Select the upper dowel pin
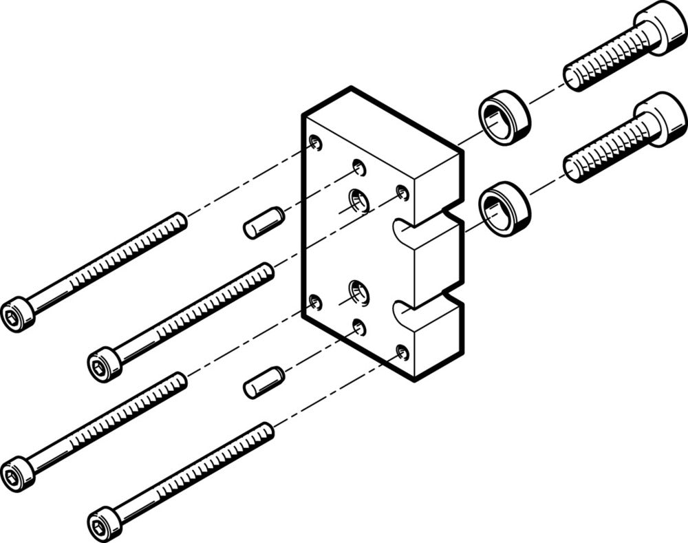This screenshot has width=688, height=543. tap(264, 222)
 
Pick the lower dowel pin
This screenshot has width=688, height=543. tap(264, 382)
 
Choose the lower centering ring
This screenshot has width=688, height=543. tap(504, 209)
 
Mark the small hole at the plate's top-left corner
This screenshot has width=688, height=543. tap(315, 142)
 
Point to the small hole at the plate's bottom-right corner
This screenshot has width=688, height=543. tap(402, 354)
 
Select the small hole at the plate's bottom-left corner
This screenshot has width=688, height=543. tap(315, 302)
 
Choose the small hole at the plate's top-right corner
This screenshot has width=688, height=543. tap(402, 193)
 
